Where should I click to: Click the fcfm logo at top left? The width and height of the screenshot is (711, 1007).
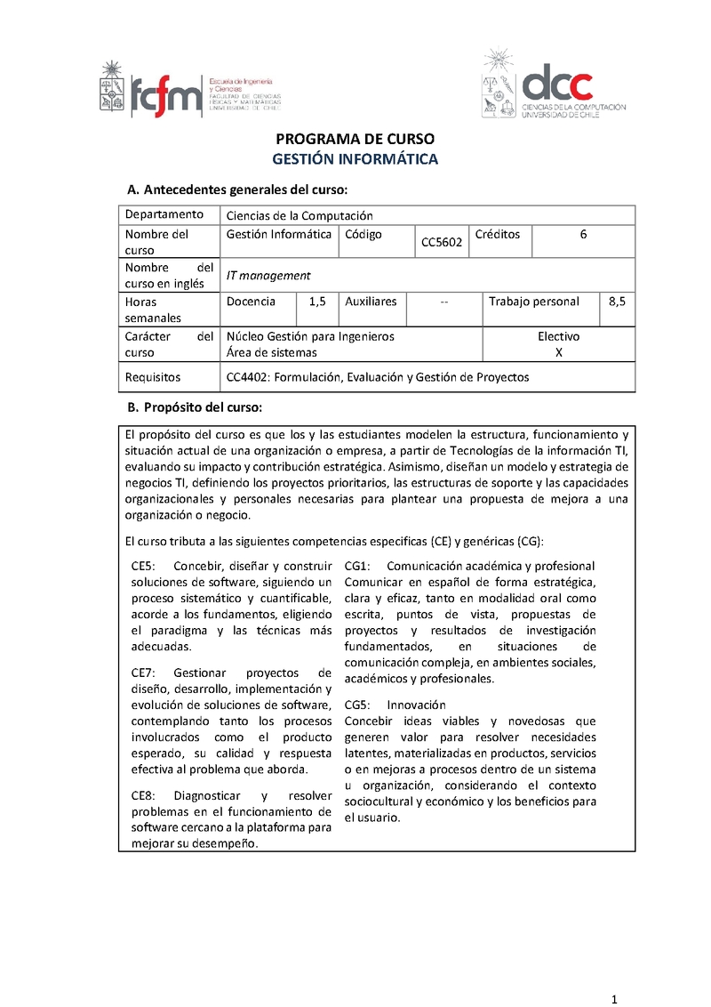pos(188,89)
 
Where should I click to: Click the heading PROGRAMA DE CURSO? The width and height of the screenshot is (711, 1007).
pos(355,141)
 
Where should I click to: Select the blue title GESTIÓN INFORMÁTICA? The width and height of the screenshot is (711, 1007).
pos(355,159)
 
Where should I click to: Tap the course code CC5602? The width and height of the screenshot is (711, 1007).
pos(442,242)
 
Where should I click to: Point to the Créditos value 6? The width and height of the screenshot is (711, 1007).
pos(583,235)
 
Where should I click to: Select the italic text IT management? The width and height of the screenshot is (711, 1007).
pos(268,276)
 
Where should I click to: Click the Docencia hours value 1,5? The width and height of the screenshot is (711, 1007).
pos(318,302)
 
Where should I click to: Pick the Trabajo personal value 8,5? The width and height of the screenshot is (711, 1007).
pos(618,302)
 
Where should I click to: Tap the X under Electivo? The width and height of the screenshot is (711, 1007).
pos(558,352)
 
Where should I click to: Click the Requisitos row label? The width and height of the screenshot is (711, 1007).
pos(153,377)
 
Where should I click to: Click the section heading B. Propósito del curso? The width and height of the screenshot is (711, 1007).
pos(194,407)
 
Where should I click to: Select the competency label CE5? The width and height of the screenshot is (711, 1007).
pos(143,566)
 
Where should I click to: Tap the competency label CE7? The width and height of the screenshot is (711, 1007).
pos(143,673)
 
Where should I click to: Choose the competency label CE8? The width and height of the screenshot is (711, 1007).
pos(143,795)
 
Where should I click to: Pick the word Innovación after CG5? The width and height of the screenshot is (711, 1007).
pos(417,705)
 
